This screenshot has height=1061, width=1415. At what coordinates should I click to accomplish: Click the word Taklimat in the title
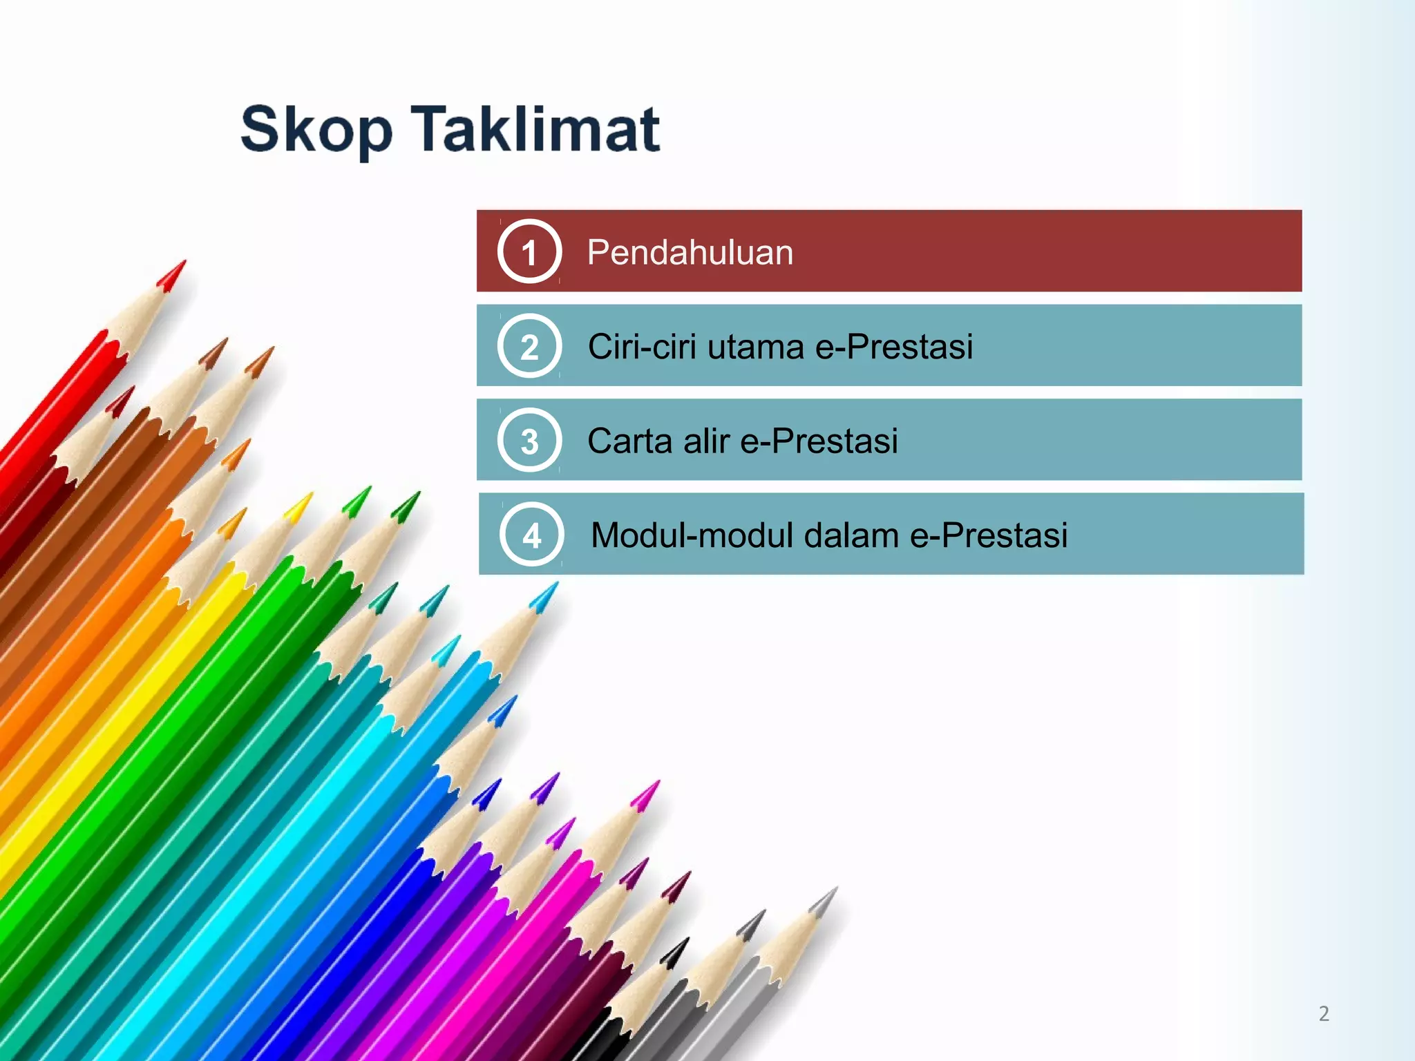(536, 128)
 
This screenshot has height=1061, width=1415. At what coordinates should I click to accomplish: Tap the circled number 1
(529, 251)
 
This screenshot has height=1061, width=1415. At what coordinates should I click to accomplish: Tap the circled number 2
(529, 346)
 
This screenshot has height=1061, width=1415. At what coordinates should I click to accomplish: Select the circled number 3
(529, 441)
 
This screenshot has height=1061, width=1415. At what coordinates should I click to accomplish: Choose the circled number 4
(531, 535)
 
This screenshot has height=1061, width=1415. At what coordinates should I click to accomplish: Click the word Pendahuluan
(690, 252)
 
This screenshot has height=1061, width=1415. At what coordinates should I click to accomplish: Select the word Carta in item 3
(629, 441)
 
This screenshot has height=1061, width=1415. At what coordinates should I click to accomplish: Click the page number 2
(1324, 1013)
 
